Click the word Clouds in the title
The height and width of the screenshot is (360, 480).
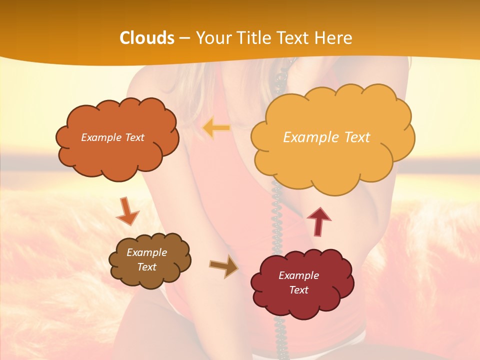tap(147, 38)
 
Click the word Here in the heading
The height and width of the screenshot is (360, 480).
tap(333, 38)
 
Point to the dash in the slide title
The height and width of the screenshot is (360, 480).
tap(184, 38)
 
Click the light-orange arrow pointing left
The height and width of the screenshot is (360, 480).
tap(216, 128)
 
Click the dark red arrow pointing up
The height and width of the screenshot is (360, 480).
tap(319, 220)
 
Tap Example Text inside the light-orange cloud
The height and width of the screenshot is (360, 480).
tap(326, 137)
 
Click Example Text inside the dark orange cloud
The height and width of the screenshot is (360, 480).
tap(112, 137)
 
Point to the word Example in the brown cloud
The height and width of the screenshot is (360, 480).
tap(146, 252)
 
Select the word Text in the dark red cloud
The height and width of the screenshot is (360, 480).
tap(298, 290)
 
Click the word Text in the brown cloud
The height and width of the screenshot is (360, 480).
tap(146, 267)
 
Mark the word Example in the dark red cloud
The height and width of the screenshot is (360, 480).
tap(298, 275)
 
